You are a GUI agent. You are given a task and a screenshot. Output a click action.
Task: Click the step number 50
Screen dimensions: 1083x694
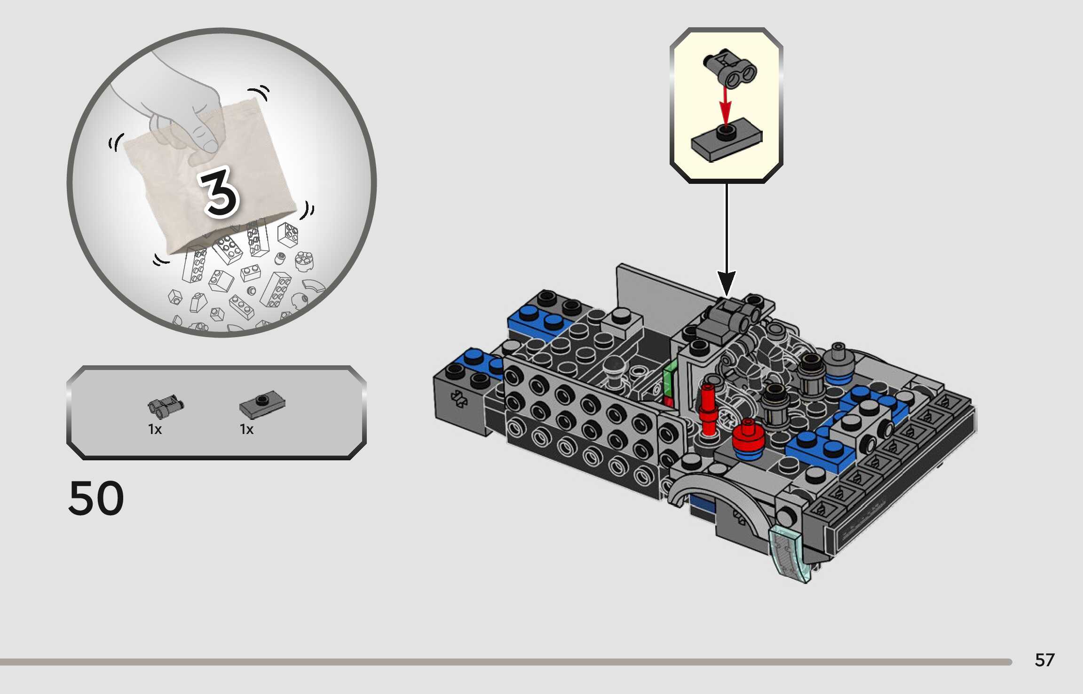[96, 498]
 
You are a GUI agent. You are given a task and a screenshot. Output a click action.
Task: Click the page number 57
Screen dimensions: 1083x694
[1044, 660]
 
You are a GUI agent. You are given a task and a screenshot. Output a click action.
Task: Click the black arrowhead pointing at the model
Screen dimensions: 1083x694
[727, 284]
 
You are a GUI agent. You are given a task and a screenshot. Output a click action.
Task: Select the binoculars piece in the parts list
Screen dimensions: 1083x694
[166, 406]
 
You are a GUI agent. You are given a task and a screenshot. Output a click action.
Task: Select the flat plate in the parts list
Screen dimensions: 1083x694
[262, 405]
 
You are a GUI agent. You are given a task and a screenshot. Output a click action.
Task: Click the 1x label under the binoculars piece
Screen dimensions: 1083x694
[155, 429]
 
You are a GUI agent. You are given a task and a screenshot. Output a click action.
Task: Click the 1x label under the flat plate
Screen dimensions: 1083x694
[246, 429]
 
